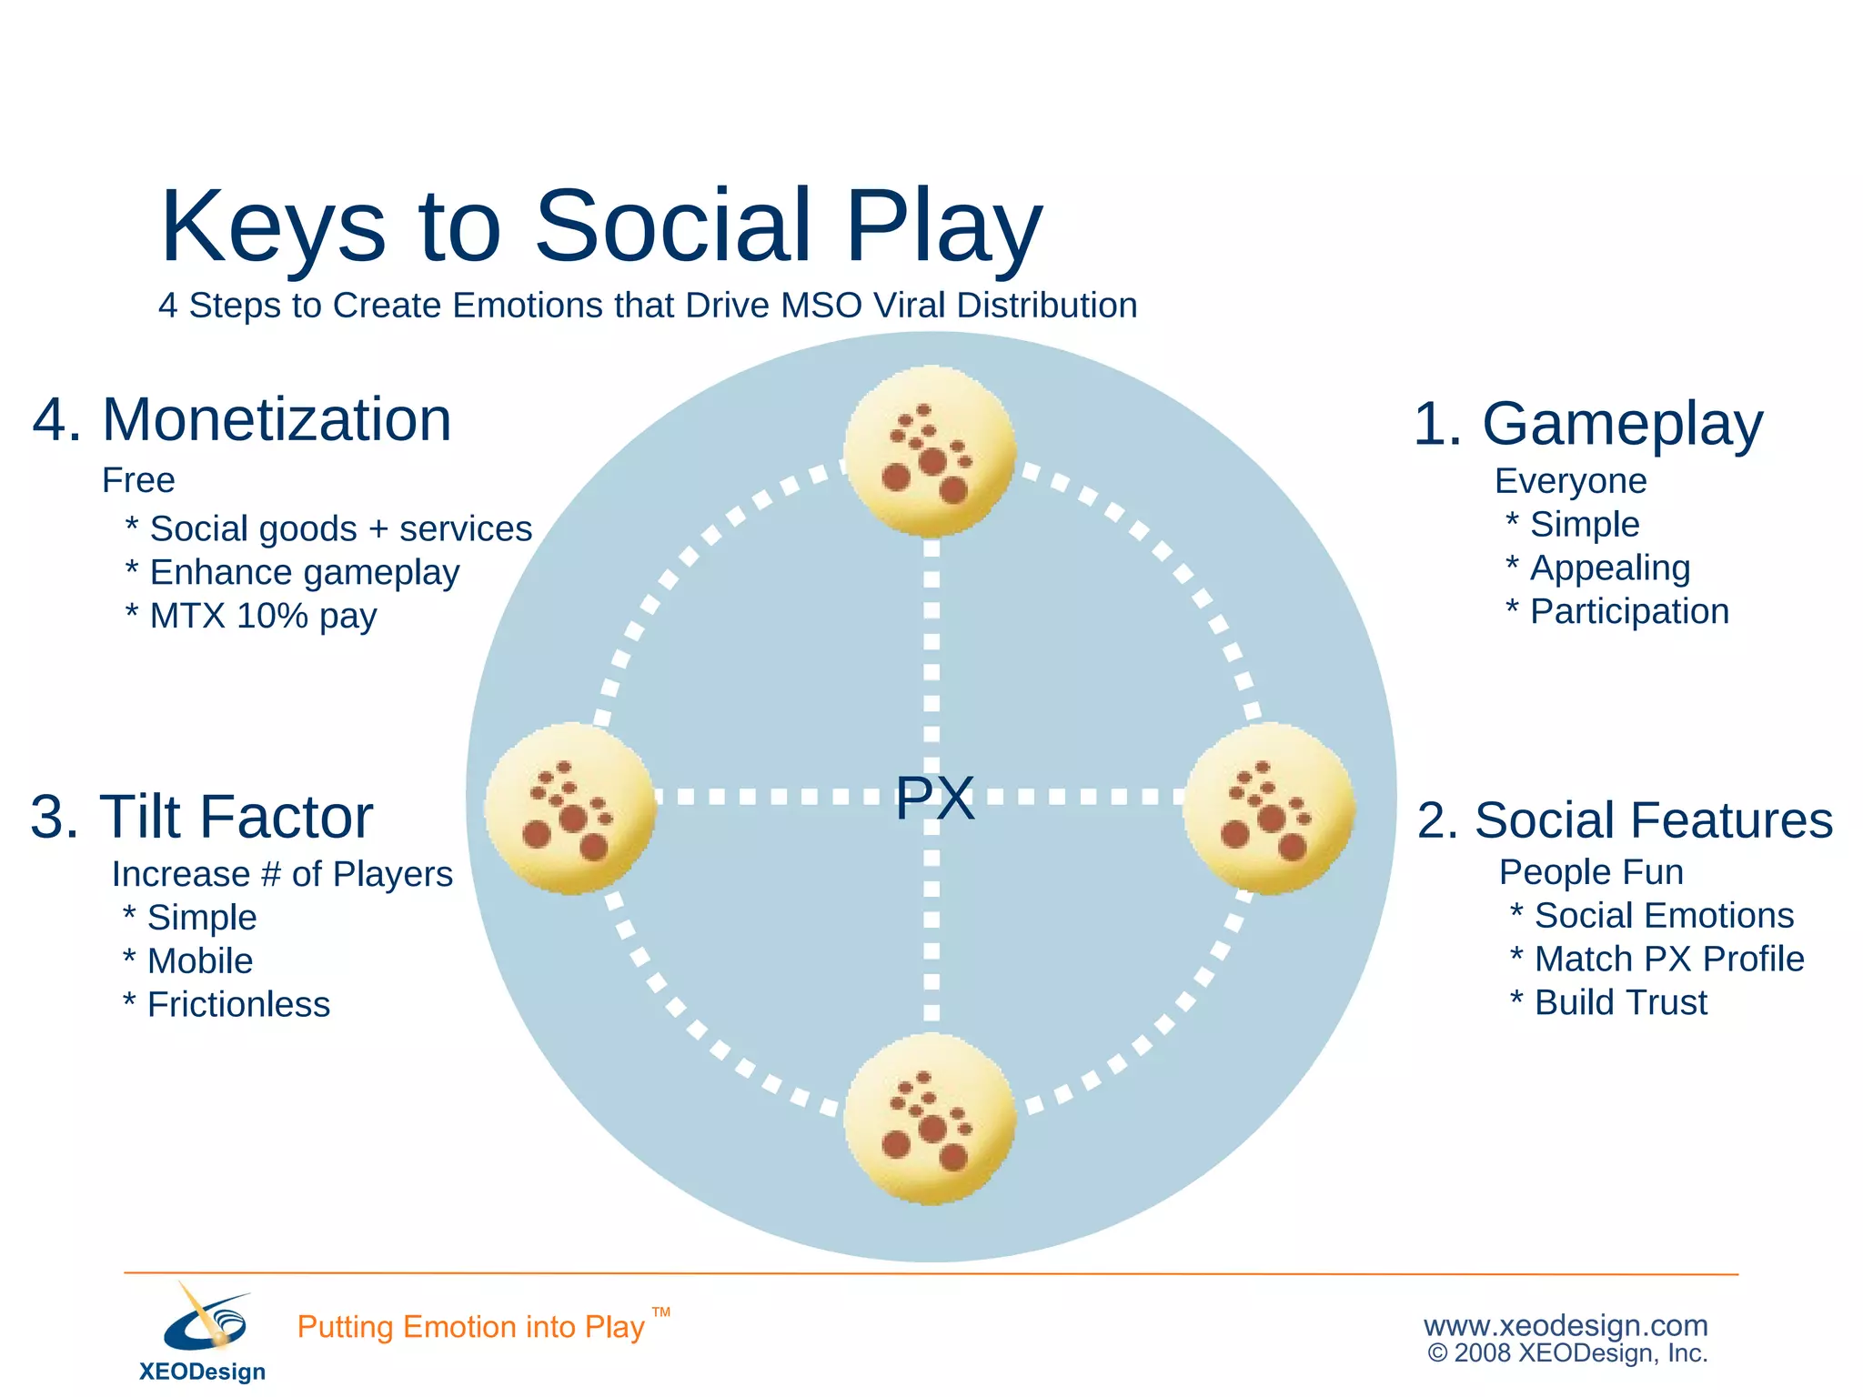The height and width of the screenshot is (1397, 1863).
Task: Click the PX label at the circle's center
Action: (x=934, y=798)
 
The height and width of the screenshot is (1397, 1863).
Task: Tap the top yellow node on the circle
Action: (x=930, y=451)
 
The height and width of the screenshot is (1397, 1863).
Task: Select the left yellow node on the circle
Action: (x=570, y=809)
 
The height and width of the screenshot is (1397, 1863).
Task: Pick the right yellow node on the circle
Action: (x=1269, y=809)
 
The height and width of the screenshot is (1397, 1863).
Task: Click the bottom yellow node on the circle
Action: (x=930, y=1119)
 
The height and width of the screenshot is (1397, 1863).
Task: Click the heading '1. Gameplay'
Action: (x=1587, y=424)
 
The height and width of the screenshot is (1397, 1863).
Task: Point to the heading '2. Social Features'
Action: (x=1625, y=820)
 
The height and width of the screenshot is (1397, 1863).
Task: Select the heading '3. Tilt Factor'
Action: (x=201, y=817)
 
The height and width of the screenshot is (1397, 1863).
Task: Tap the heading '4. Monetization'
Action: (x=242, y=419)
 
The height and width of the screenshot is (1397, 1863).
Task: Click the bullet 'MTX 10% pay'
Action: (x=263, y=616)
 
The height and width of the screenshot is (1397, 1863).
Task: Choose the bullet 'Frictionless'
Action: (x=238, y=1005)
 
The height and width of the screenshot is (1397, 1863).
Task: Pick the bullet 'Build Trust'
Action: (x=1620, y=1002)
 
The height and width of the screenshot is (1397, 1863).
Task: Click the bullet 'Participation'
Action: (x=1629, y=611)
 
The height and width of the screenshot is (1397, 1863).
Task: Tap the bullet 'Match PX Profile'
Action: (x=1668, y=959)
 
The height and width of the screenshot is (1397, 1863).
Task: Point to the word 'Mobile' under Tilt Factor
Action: (x=200, y=961)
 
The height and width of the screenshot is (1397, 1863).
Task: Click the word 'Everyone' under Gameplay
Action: (x=1570, y=481)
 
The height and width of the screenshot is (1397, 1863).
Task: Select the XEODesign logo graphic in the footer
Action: (x=206, y=1321)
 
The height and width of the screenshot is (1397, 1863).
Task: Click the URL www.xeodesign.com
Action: (x=1566, y=1325)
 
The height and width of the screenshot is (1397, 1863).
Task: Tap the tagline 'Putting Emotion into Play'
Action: (x=470, y=1327)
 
